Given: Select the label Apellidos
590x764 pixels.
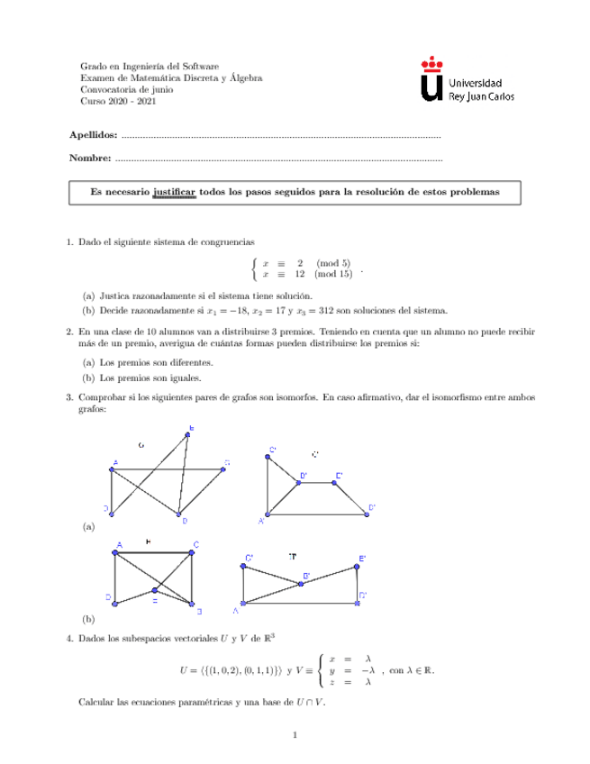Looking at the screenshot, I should point(93,135).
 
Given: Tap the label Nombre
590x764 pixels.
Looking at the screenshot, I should point(90,159).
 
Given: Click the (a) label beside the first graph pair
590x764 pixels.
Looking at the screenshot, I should point(87,525).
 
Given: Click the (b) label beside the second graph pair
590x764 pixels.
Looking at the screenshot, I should point(87,620).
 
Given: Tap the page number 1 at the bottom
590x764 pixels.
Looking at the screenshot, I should point(295,738).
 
